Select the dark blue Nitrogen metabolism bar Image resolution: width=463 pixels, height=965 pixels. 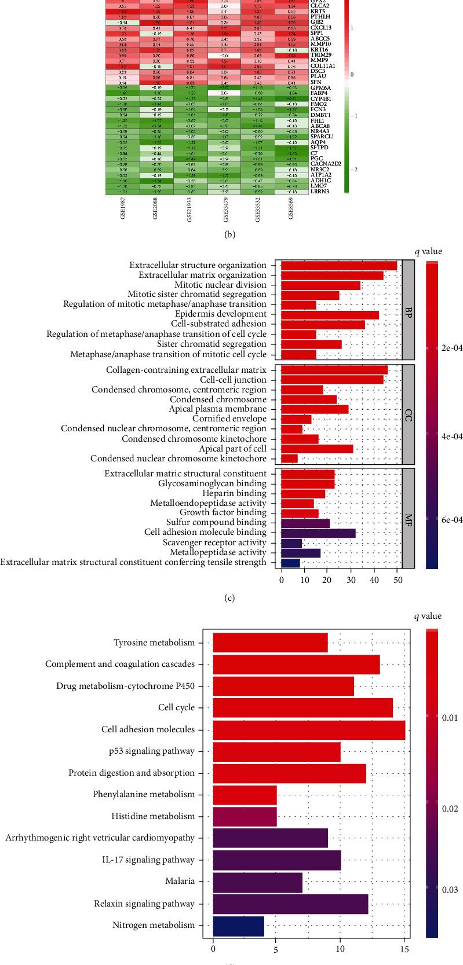coord(238,925)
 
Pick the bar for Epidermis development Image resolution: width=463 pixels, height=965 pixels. coord(329,314)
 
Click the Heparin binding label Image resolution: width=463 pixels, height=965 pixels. coord(235,493)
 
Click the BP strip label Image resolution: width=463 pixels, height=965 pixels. coord(408,310)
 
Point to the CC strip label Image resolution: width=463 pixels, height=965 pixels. coord(408,414)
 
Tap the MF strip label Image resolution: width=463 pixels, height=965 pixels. coord(408,518)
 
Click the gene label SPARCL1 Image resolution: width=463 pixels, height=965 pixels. coord(321,137)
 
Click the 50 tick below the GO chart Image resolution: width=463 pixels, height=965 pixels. coord(397,579)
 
